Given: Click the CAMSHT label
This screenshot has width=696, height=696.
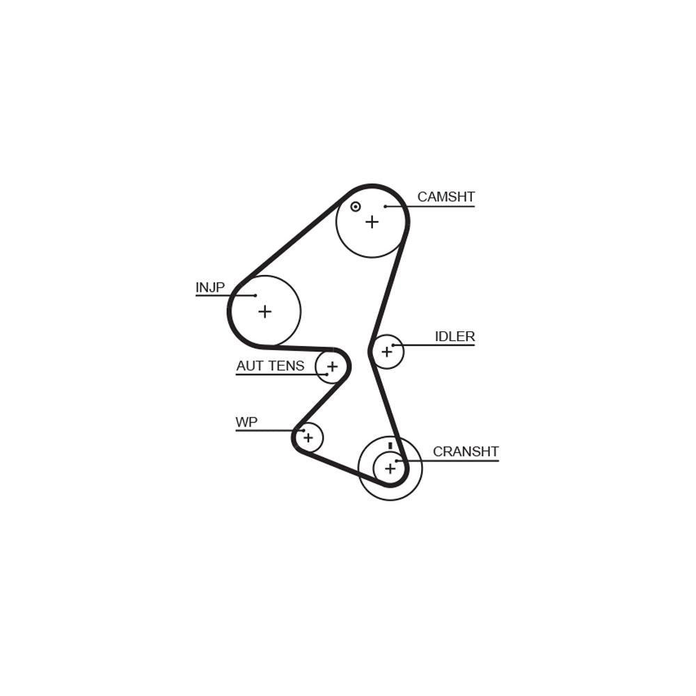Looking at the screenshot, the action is [x=445, y=197].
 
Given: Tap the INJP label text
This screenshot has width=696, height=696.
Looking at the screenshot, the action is [x=210, y=287].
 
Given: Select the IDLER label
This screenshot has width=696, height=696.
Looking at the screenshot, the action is [x=454, y=336].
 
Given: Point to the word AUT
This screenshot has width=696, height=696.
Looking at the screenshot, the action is [x=251, y=366].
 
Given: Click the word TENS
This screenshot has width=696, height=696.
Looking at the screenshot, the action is [x=287, y=366].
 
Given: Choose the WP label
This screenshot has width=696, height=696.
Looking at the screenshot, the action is [x=246, y=422].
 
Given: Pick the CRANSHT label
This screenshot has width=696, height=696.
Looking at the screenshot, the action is [x=466, y=452].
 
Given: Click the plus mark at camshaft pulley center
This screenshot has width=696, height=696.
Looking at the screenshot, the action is [x=372, y=221].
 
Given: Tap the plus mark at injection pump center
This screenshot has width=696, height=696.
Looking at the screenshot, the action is [x=264, y=312].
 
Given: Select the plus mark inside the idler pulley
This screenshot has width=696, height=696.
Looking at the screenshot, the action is [x=386, y=351].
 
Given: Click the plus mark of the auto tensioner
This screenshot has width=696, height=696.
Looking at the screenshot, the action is [x=332, y=367].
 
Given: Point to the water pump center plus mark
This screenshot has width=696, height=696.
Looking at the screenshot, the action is [x=308, y=438].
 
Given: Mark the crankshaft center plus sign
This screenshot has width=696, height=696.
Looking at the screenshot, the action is [x=390, y=468].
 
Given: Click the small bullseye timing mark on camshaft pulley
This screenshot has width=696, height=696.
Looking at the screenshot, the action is [x=355, y=207].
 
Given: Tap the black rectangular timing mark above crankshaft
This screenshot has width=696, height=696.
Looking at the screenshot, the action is [x=390, y=445].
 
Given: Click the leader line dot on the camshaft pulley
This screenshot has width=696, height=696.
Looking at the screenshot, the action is [x=386, y=207].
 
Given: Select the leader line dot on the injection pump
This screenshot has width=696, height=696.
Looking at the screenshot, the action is [x=255, y=295].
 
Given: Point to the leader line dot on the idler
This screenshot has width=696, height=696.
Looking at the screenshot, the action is [x=393, y=345].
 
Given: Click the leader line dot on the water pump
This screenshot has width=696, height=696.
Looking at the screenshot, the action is [x=303, y=430].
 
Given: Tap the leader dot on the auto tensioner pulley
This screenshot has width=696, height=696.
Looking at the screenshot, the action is [x=327, y=374].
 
